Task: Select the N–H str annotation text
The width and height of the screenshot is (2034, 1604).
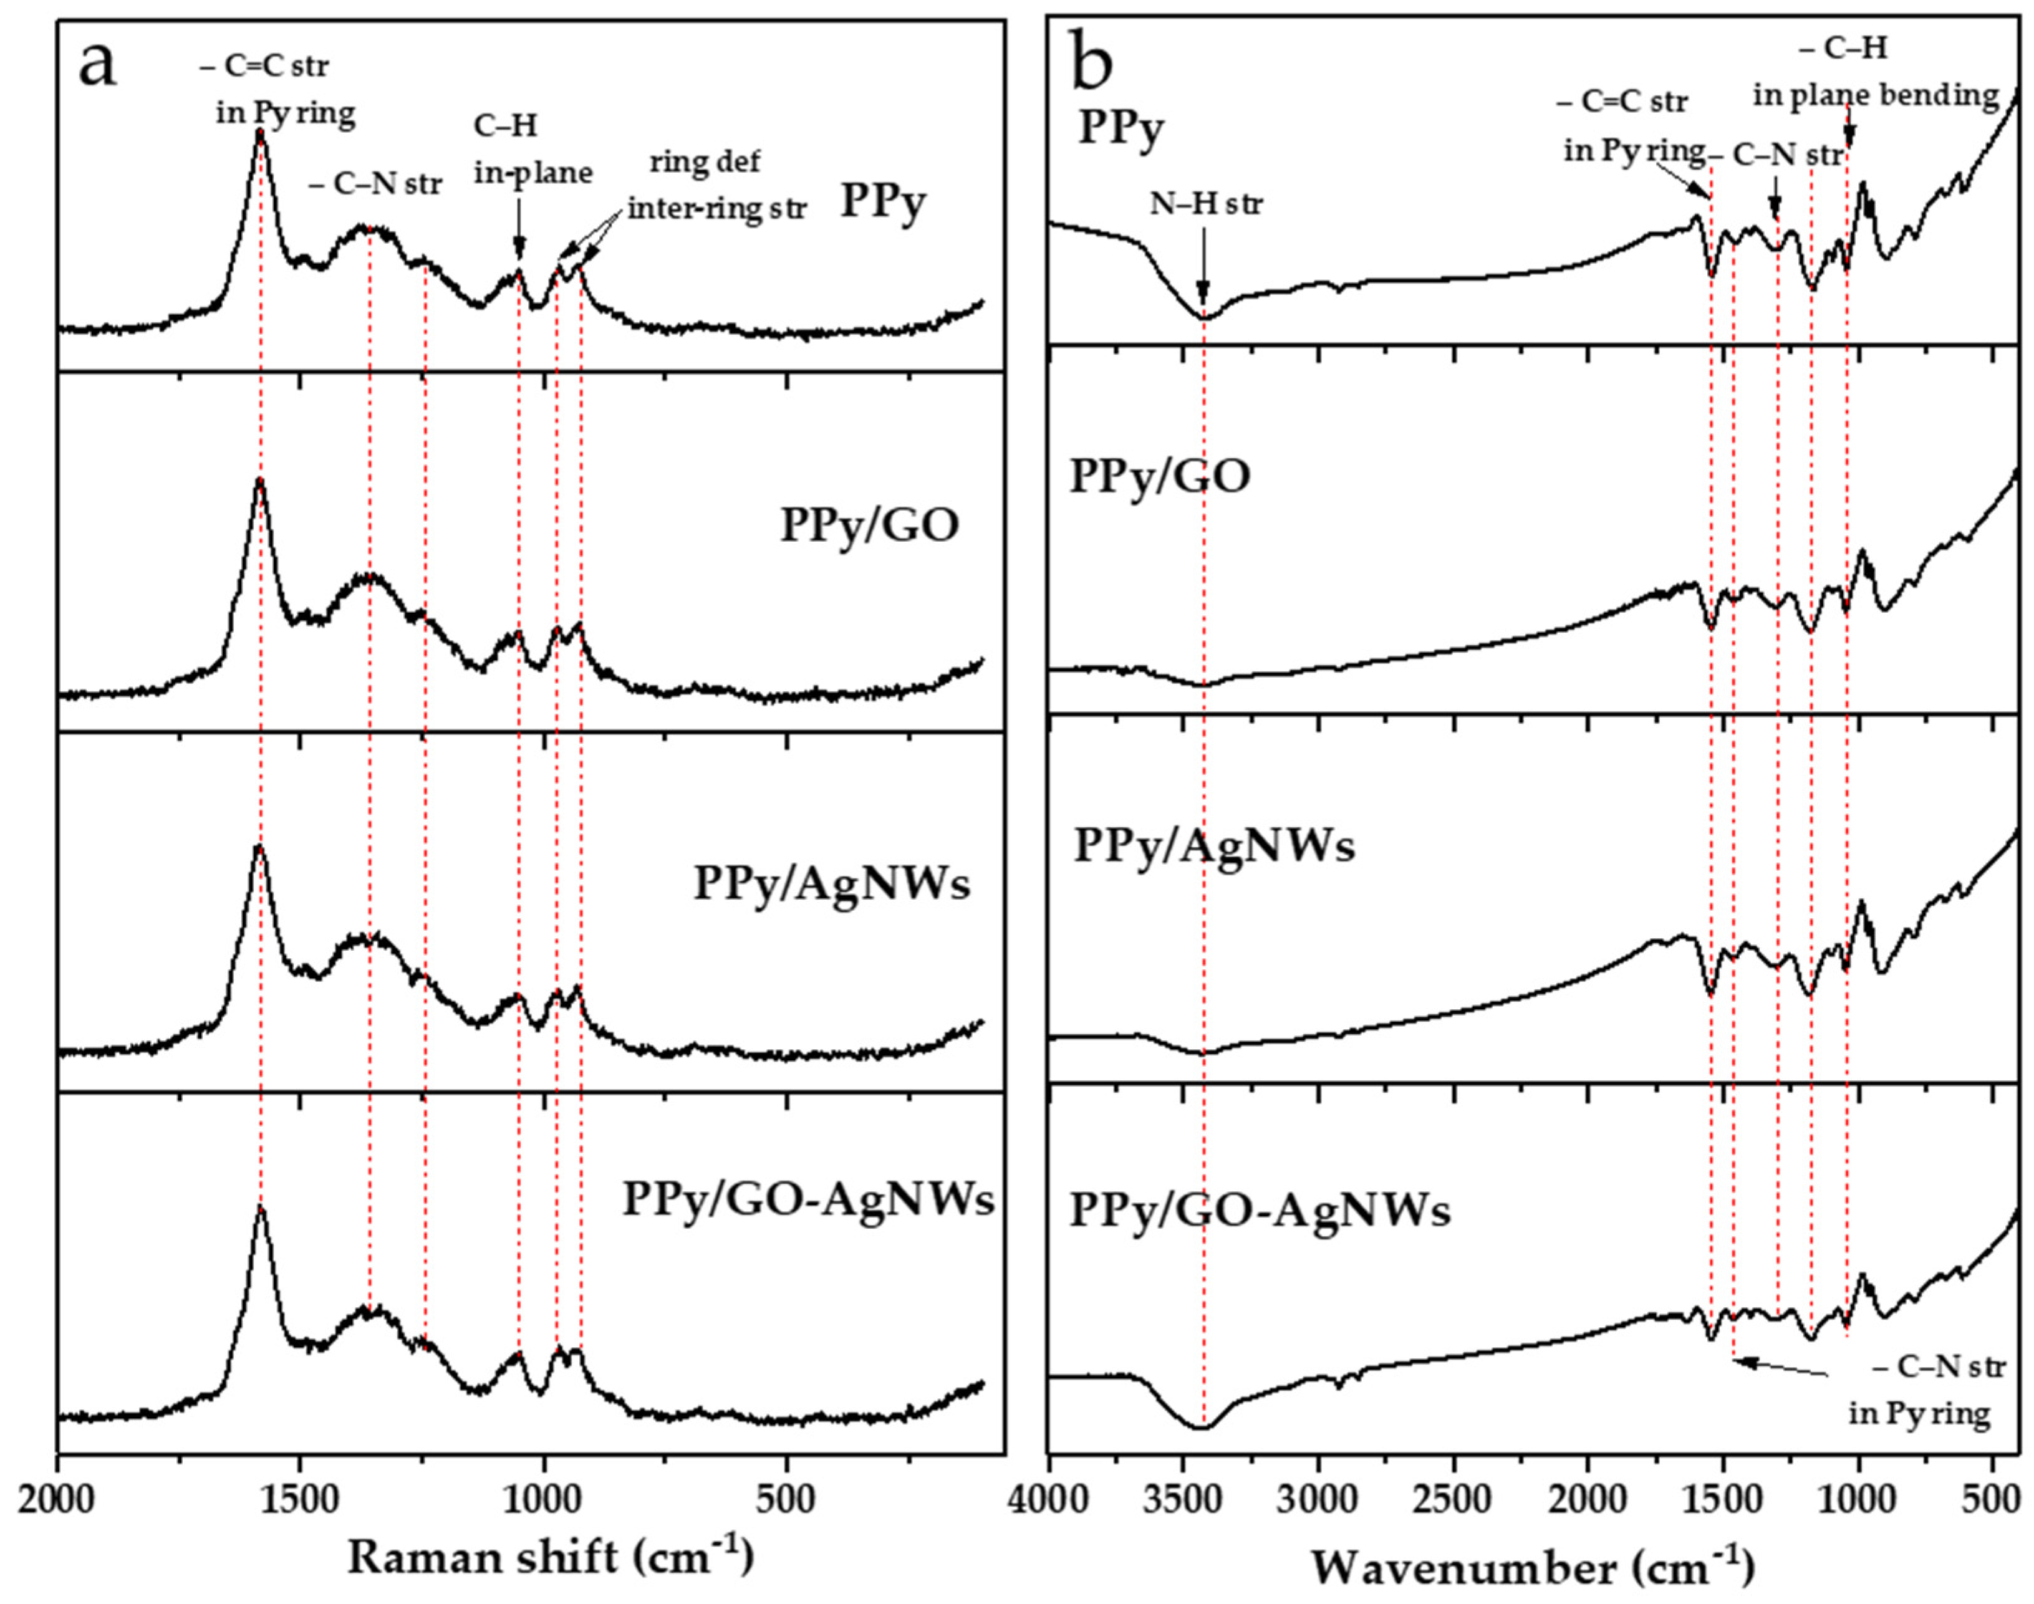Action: coord(1207,203)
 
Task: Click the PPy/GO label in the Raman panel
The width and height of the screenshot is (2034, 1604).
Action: coord(870,525)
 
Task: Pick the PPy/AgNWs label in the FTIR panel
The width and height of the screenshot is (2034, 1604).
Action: coord(1213,845)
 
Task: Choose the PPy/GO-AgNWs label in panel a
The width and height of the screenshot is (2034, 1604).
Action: coord(807,1199)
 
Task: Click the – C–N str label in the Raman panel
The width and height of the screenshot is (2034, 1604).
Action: coord(375,184)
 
